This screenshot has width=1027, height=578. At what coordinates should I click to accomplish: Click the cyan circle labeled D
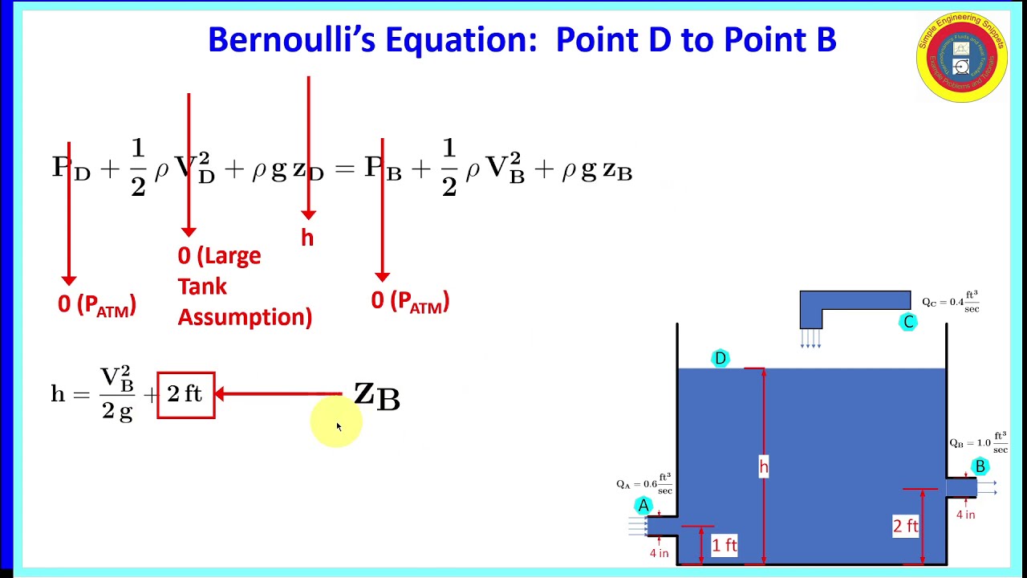[720, 358]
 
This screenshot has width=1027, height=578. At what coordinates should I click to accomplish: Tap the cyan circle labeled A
[643, 506]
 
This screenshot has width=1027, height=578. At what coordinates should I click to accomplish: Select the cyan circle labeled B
[980, 466]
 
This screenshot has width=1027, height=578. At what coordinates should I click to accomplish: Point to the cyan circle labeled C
[908, 322]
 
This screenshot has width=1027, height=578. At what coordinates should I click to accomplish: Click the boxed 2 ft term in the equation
[185, 395]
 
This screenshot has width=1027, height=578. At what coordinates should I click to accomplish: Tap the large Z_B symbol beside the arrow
[376, 396]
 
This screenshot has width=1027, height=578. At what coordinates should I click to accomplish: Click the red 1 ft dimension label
[725, 545]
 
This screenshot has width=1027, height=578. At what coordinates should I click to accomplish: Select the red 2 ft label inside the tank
[906, 526]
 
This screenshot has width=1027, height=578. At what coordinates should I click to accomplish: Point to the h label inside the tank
[763, 466]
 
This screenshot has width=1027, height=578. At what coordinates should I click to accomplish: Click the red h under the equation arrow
[307, 238]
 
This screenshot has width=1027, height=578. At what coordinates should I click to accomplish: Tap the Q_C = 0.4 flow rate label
[950, 302]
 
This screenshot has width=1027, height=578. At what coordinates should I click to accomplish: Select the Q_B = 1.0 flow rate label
[978, 442]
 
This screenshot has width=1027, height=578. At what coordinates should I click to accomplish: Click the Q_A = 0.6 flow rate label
[644, 484]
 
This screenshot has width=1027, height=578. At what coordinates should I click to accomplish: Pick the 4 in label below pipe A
[659, 553]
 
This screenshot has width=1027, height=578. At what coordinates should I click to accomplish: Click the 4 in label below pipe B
[965, 515]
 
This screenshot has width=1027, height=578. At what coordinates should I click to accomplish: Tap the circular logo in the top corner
[961, 56]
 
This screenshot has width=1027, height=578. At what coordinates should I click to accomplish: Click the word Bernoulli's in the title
[292, 39]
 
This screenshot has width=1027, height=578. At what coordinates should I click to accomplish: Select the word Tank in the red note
[202, 287]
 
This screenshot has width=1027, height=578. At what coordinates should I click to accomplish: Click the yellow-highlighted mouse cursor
[338, 425]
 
